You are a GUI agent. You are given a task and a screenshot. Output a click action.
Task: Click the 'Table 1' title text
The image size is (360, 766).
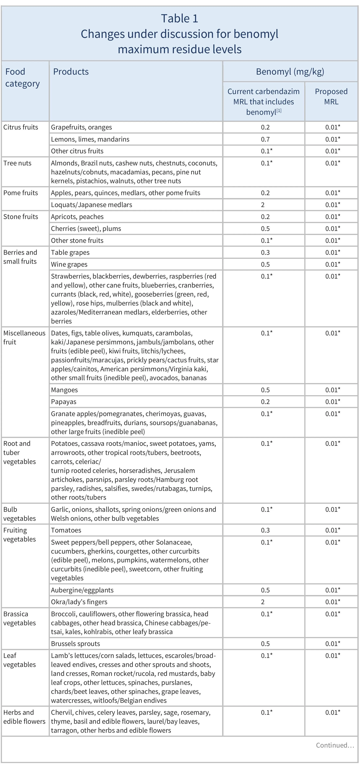179,18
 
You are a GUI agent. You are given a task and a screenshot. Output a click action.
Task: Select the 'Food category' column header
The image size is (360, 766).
22,78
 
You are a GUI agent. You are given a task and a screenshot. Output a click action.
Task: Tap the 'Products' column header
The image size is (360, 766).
71,72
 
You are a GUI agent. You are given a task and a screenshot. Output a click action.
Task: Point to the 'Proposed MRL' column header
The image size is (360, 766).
331,96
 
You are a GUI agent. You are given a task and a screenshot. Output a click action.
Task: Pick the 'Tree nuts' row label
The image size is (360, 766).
17,163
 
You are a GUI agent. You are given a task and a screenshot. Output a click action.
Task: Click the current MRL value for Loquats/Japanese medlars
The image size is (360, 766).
263,205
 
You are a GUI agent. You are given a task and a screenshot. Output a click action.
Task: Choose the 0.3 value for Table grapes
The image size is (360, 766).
265,252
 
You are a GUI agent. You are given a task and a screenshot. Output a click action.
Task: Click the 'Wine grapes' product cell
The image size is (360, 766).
69,264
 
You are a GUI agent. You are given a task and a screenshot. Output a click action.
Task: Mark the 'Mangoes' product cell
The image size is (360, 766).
64,390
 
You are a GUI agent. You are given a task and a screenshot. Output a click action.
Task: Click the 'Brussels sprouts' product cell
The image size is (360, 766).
76,644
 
